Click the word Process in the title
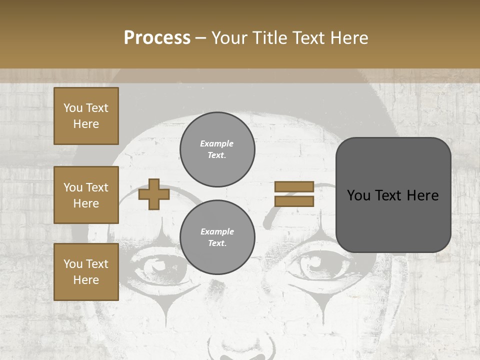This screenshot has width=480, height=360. (157, 38)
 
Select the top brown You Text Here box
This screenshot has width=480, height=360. (86, 116)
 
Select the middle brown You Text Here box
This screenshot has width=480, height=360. (86, 195)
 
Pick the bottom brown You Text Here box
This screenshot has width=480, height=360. (86, 272)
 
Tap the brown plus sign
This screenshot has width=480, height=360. (154, 194)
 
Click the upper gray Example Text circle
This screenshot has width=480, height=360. (217, 149)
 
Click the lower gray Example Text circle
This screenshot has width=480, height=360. (217, 237)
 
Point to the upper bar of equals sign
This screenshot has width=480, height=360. (294, 186)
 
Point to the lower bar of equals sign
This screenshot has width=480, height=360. (294, 201)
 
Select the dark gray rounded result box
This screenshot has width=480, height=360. (393, 195)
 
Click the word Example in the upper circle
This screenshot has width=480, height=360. (217, 143)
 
